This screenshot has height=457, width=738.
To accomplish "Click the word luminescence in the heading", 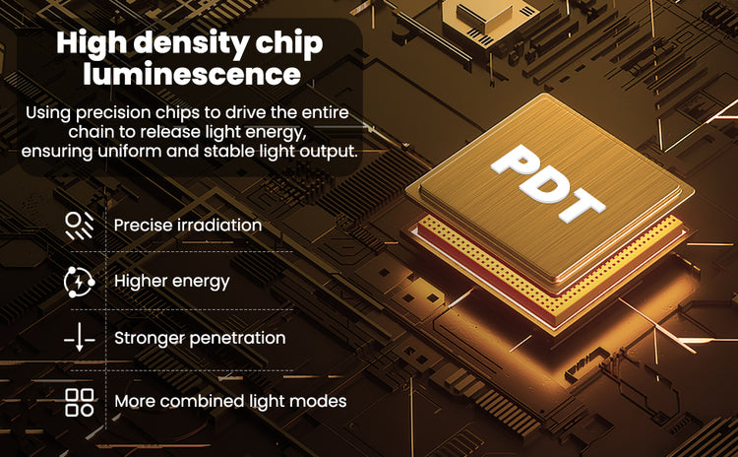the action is pos(192,74).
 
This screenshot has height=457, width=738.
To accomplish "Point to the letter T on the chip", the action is pos(583,207).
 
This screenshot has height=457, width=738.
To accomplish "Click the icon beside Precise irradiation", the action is pos(79,226).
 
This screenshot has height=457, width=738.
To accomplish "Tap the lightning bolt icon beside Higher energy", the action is pos(79,282).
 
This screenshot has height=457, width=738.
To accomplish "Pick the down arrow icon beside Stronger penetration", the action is pos(80,337).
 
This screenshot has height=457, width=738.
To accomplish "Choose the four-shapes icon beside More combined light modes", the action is pos(79,402).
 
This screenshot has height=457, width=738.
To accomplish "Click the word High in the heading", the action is pos(92,43).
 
